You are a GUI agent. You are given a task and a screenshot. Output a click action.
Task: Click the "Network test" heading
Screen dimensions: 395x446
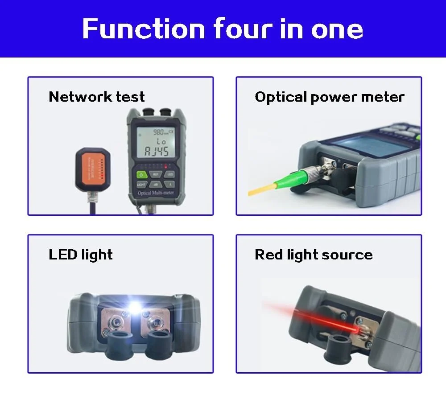click(x=96, y=97)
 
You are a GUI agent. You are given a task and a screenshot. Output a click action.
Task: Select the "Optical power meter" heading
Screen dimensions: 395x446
click(x=329, y=97)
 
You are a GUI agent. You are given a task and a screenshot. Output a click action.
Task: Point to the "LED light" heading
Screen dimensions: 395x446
click(x=80, y=255)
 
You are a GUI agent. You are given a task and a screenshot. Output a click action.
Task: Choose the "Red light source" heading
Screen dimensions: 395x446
click(x=313, y=255)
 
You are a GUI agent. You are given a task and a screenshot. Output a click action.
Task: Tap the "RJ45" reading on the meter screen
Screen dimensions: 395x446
click(x=156, y=152)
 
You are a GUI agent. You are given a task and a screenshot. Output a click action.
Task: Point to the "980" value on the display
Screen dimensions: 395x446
click(x=158, y=132)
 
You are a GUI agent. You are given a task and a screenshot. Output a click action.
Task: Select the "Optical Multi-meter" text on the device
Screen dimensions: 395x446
click(x=155, y=193)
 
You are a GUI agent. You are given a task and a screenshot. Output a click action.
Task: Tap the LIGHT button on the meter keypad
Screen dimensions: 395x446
click(x=141, y=184)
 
